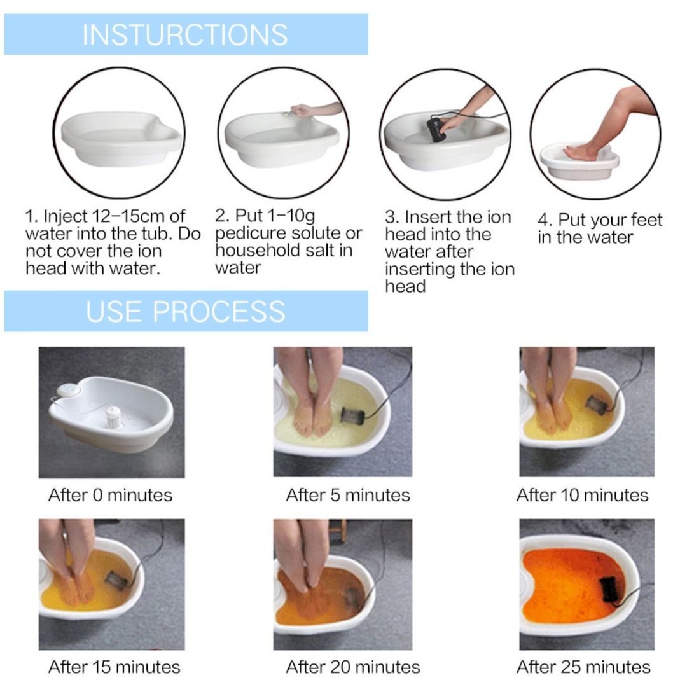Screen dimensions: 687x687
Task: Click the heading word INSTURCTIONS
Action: pyautogui.click(x=184, y=34)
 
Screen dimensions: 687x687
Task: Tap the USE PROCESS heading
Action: pyautogui.click(x=185, y=312)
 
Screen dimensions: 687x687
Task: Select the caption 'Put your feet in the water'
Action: pyautogui.click(x=599, y=229)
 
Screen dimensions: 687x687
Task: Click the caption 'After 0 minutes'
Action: pyautogui.click(x=110, y=495)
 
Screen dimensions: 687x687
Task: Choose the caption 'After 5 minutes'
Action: pyautogui.click(x=348, y=495)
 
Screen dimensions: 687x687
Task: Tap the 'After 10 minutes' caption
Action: pyautogui.click(x=582, y=495)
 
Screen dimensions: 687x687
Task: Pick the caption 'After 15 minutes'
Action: pyautogui.click(x=114, y=667)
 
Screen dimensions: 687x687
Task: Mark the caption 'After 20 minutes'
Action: pyautogui.click(x=352, y=667)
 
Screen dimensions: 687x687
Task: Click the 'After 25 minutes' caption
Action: pyautogui.click(x=583, y=667)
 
